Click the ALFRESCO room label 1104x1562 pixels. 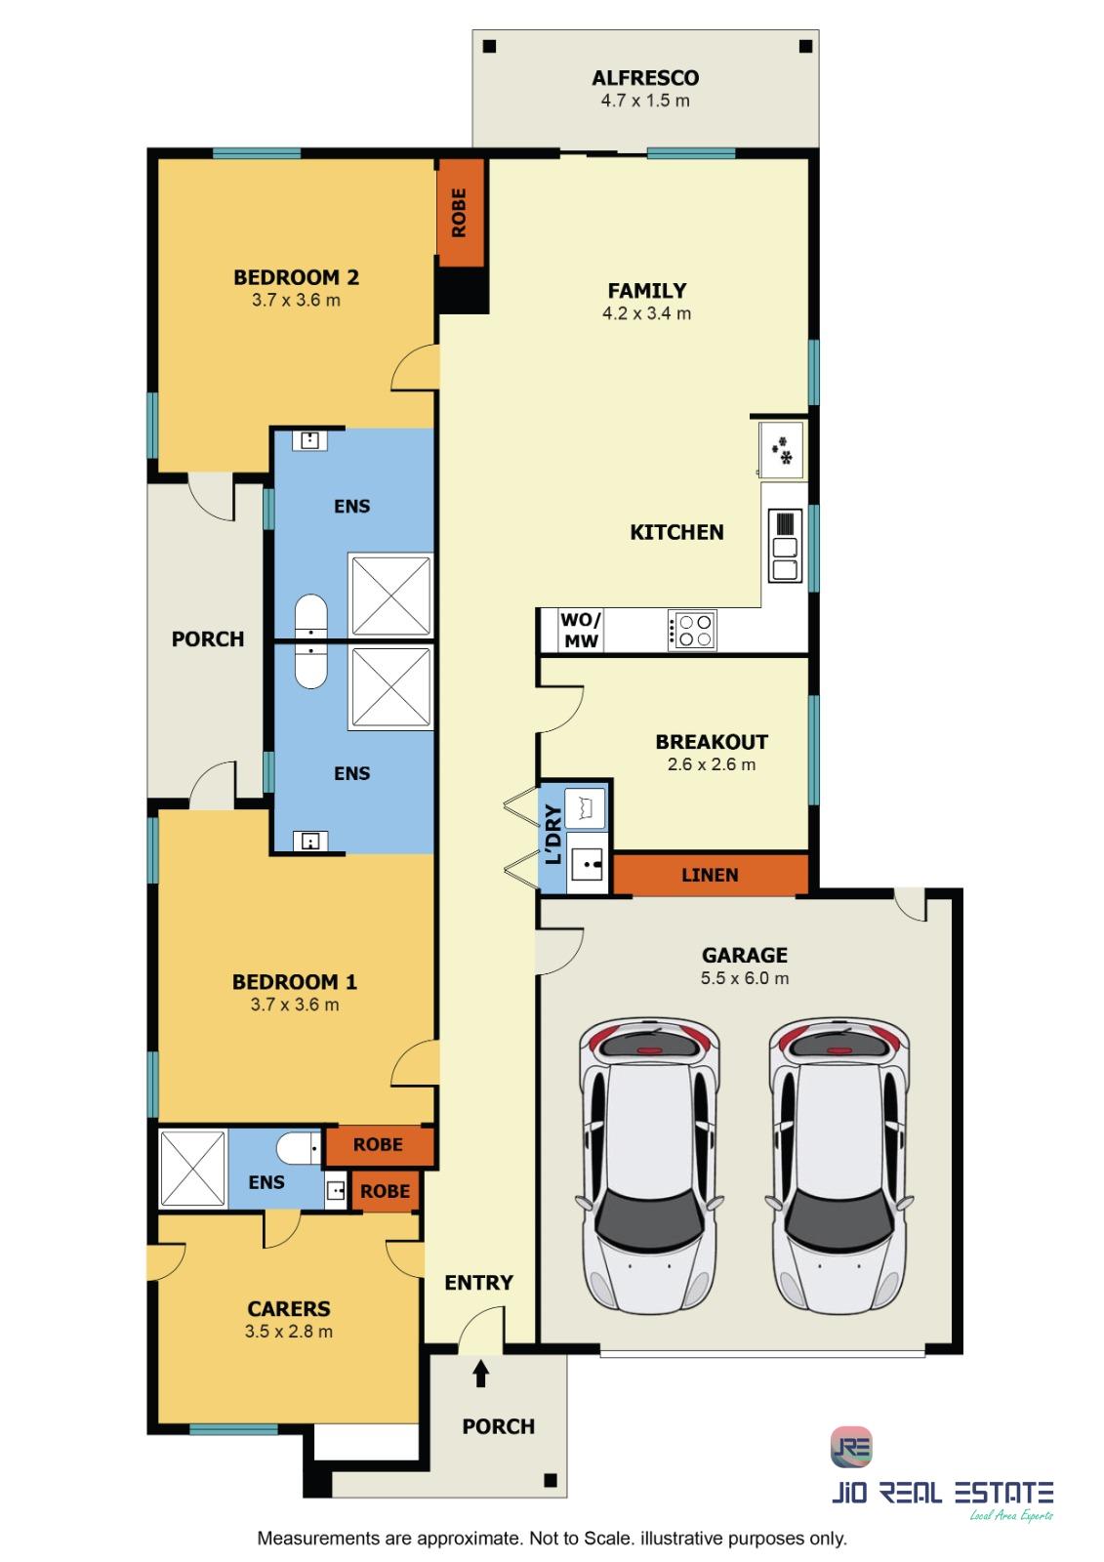645,77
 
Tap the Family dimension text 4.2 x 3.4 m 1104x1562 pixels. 646,313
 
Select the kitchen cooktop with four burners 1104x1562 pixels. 691,630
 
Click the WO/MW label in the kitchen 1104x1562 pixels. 580,630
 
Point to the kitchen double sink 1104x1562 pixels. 785,546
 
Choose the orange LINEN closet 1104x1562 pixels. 710,875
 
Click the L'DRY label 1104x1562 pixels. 553,834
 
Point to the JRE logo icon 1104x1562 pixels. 851,1447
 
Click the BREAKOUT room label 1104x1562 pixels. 712,741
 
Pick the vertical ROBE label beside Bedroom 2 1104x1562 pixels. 459,213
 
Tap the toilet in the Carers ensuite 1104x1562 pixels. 299,1148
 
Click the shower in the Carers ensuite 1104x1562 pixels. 192,1168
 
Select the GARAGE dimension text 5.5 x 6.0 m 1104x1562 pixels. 744,977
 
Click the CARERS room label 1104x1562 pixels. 289,1308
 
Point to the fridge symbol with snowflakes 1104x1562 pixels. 781,450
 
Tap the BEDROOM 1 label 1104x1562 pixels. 295,982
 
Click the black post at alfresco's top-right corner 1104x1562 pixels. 805,46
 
